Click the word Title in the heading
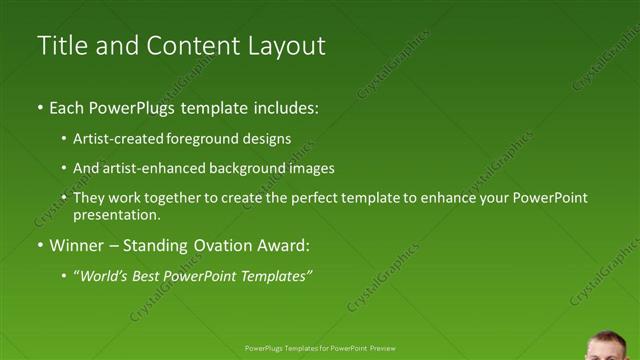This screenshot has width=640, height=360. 61,45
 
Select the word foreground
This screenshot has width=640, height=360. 217,139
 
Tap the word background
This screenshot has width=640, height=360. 249,168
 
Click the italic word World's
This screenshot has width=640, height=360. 103,276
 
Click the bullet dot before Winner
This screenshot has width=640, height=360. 40,246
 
